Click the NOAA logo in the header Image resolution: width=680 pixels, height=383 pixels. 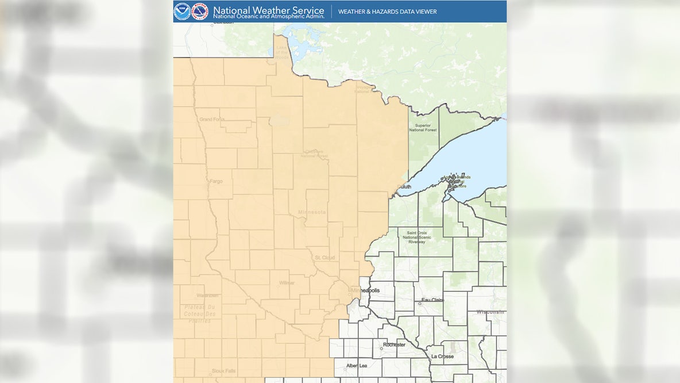(182, 11)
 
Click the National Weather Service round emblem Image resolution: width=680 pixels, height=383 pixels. (199, 11)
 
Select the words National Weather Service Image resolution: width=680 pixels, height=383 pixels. (268, 9)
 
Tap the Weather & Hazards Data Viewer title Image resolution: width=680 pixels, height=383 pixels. (387, 12)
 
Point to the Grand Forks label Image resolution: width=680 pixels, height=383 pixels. (212, 119)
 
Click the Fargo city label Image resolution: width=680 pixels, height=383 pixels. (216, 181)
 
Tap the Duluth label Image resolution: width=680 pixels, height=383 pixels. (405, 187)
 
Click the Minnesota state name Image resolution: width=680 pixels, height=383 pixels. (311, 212)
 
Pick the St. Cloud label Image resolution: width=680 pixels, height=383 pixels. (325, 257)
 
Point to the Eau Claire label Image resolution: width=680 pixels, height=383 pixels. (433, 300)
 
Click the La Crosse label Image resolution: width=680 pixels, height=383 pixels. (442, 357)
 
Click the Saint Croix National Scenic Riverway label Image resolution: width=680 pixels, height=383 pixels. (421, 238)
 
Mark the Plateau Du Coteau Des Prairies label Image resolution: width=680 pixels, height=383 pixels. (200, 313)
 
